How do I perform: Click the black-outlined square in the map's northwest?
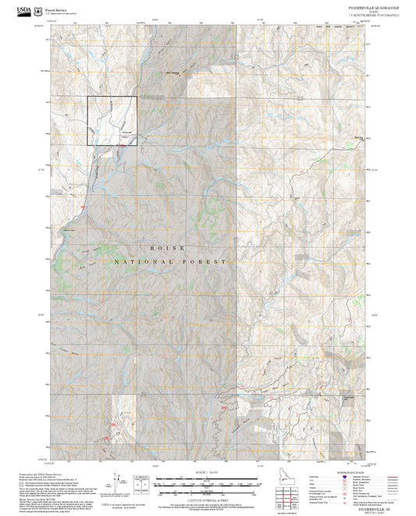pos(112,121)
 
